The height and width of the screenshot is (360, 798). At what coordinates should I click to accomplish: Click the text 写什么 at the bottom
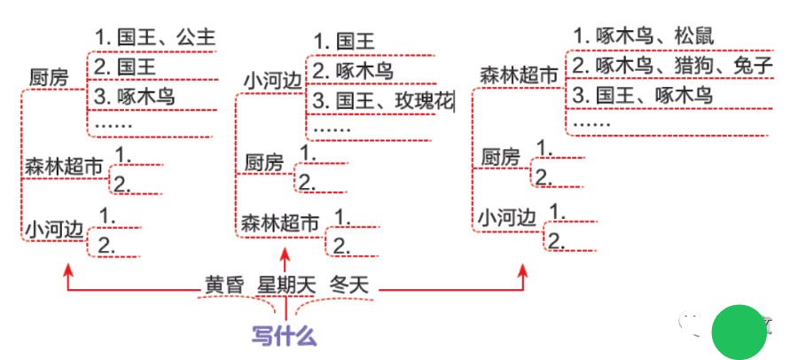(284, 337)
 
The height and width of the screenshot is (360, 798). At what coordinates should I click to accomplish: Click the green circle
(739, 331)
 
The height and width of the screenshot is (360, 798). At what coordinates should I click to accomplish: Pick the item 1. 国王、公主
(155, 38)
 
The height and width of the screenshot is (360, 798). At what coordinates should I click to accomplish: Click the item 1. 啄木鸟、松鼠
(643, 36)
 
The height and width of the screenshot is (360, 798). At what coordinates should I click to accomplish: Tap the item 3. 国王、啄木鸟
(642, 95)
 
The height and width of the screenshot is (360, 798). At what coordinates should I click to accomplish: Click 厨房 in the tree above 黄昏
(50, 76)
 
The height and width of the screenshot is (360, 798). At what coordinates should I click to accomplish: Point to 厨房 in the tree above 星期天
(264, 162)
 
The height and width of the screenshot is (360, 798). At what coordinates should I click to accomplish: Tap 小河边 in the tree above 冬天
(508, 216)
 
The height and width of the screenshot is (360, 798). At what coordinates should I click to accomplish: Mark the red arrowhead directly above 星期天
(285, 254)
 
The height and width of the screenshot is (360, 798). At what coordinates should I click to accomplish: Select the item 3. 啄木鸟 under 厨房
(133, 97)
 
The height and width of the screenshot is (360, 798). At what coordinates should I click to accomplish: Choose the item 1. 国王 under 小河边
(345, 41)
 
